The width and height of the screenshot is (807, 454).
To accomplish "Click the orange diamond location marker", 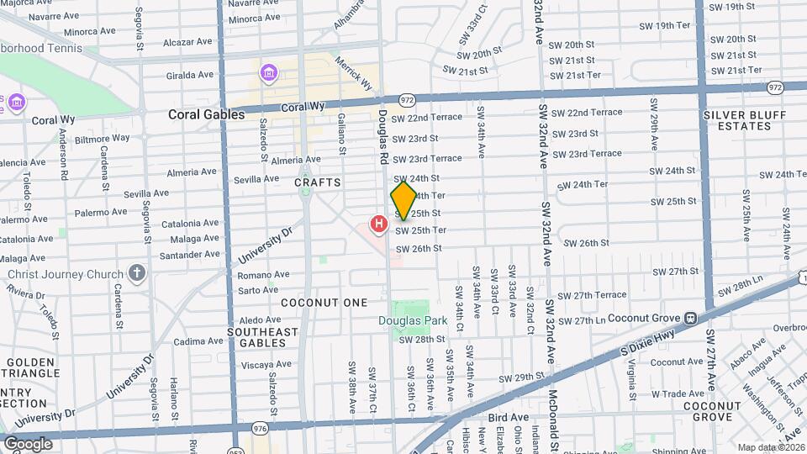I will [x=403, y=201].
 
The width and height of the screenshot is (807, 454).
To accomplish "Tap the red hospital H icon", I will [x=379, y=224].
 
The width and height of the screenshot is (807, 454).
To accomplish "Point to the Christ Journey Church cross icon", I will [x=137, y=273].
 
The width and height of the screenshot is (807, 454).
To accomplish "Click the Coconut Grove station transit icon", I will [x=690, y=318].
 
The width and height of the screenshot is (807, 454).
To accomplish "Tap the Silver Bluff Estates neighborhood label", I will [x=737, y=120].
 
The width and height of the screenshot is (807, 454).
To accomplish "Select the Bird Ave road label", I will [x=509, y=417].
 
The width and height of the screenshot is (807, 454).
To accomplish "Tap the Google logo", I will [x=28, y=443].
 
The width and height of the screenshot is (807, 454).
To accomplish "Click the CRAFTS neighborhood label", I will [x=318, y=182].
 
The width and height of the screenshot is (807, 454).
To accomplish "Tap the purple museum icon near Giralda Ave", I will [x=267, y=74].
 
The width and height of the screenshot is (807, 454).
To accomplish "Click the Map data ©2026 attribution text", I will [x=769, y=447].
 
